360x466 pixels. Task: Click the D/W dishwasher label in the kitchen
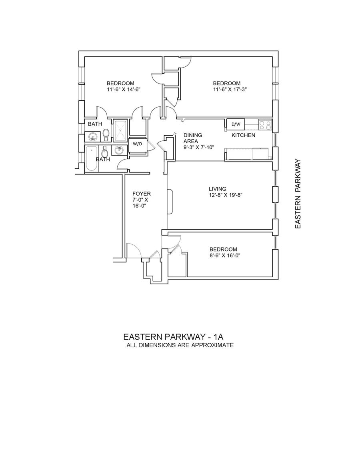point(236,124)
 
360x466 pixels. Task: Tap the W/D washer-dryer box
point(137,144)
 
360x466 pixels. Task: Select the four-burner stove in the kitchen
point(265,124)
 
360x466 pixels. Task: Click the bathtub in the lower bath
point(92,158)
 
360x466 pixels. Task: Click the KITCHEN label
point(243,135)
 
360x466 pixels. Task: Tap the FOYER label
point(142,194)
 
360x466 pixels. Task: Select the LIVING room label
point(217,189)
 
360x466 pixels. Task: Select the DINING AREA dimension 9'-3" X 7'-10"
point(198,147)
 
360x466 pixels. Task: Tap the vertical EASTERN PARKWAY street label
point(298,195)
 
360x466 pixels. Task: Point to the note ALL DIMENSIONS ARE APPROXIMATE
point(180,345)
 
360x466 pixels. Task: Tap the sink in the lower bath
point(120,150)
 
